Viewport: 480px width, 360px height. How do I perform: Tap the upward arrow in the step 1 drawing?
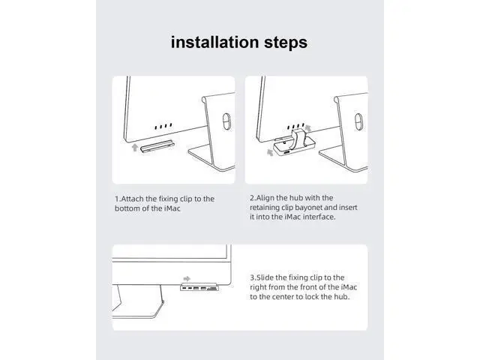click(x=135, y=148)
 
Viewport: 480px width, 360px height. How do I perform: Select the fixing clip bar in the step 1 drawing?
click(x=157, y=146)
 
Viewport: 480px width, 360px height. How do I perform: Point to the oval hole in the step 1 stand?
click(x=226, y=121)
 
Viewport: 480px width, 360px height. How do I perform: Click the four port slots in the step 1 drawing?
click(x=163, y=126)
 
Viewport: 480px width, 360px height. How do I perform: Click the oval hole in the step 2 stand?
click(x=358, y=121)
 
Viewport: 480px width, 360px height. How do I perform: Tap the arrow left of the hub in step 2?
click(x=270, y=152)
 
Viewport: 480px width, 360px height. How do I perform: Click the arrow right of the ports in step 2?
click(x=308, y=128)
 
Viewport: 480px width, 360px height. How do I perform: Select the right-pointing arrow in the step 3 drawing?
click(x=187, y=278)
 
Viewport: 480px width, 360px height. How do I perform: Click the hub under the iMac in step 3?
click(x=199, y=288)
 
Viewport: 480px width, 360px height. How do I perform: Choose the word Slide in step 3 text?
click(x=265, y=277)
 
